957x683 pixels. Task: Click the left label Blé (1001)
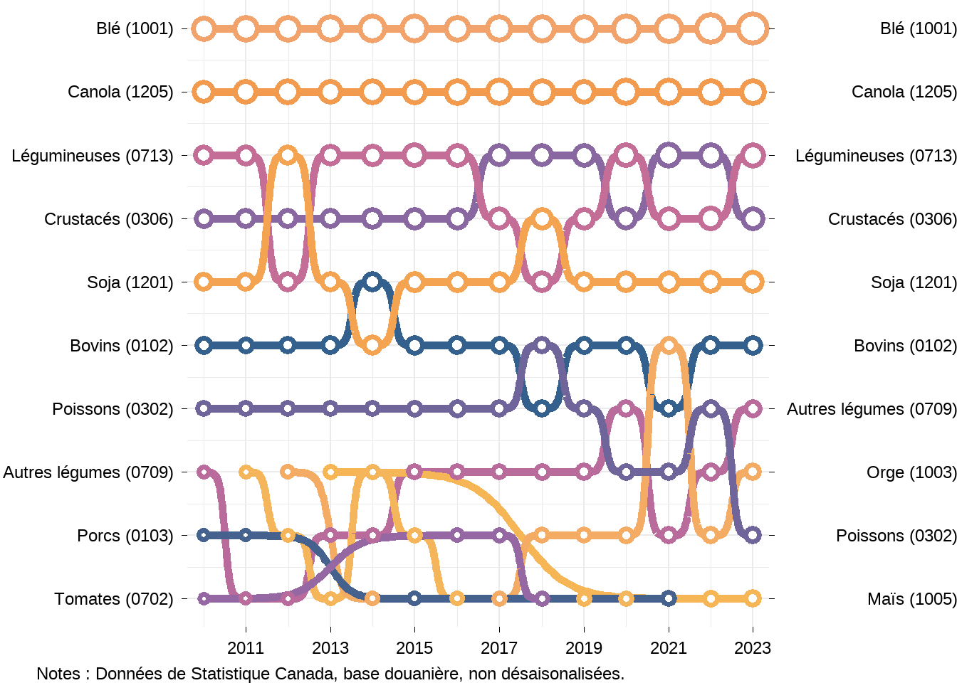[135, 28]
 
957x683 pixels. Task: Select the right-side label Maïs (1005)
[911, 599]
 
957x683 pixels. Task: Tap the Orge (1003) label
[911, 472]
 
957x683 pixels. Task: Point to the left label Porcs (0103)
[125, 536]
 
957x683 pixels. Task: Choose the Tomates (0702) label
[113, 599]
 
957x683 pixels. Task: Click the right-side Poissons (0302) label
[896, 536]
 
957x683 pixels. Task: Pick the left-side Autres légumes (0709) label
[88, 472]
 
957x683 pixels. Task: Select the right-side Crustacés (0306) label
[891, 219]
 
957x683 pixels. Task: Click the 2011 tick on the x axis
[246, 648]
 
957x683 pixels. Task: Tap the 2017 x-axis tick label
[499, 648]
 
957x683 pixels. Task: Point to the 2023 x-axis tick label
[753, 648]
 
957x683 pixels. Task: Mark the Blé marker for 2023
[753, 29]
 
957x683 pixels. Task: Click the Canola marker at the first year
[204, 92]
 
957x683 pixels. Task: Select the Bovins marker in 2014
[372, 282]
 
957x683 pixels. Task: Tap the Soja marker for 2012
[288, 156]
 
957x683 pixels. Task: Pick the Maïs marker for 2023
[753, 598]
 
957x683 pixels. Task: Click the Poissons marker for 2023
[753, 535]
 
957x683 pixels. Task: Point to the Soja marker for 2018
[542, 219]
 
